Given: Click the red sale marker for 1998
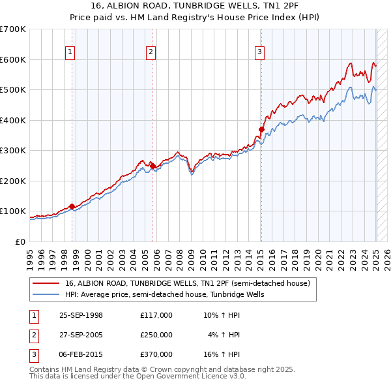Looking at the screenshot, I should (72, 206).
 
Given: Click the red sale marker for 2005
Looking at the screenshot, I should (152, 166).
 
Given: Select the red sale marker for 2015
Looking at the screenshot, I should (261, 129).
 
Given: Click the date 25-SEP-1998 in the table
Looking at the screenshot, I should (81, 316).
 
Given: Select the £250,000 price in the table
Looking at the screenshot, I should (156, 335).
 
